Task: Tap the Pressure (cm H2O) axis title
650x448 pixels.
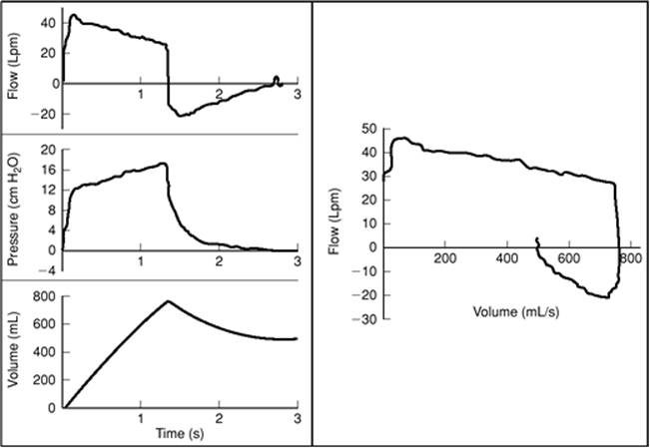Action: [12, 210]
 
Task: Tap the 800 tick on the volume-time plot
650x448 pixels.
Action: [42, 295]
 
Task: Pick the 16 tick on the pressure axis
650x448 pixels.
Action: [45, 169]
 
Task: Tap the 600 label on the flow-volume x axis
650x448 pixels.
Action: [569, 259]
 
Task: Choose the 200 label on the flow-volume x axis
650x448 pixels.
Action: [445, 259]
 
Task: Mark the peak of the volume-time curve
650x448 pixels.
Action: [168, 301]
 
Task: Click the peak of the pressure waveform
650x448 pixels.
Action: [162, 164]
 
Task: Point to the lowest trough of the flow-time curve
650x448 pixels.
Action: [181, 116]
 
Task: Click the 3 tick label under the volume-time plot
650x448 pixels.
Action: [298, 420]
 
